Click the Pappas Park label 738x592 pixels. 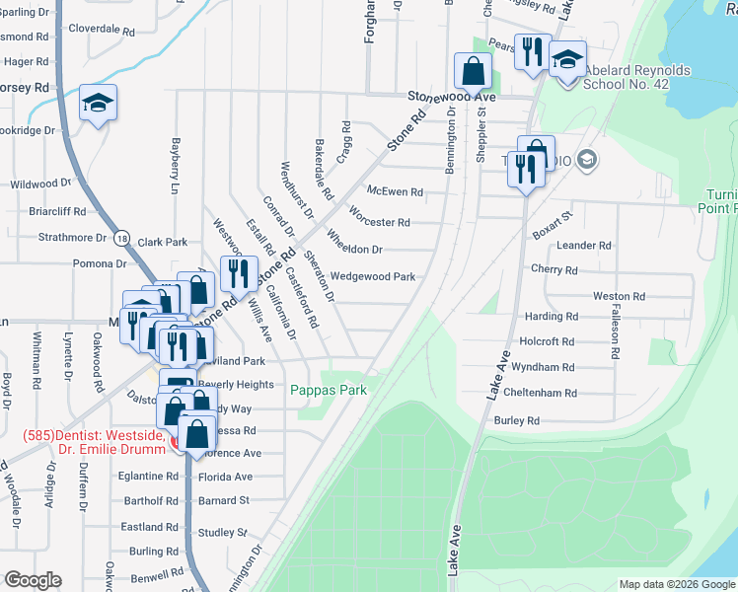coord(329,391)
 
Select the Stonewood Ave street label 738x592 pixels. coord(452,98)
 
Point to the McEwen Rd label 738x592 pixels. coord(394,192)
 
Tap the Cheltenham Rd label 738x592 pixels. coord(539,393)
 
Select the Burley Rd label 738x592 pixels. coord(518,420)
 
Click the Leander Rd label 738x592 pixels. coord(585,246)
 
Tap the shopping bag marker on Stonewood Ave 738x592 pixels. coord(473,70)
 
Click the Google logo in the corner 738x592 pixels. coord(33,580)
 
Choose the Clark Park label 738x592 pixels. coord(163,242)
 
